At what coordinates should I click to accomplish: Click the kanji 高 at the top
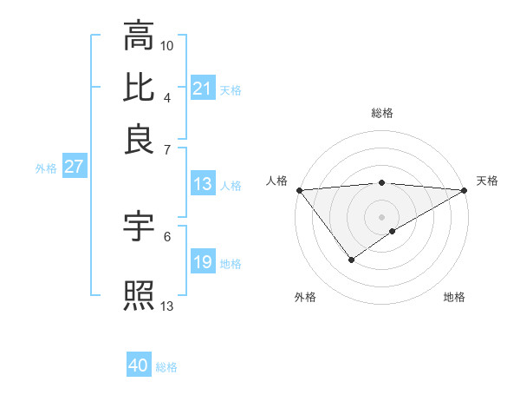pyautogui.click(x=139, y=37)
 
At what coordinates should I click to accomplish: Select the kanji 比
pyautogui.click(x=139, y=88)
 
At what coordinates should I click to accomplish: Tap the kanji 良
pyautogui.click(x=139, y=140)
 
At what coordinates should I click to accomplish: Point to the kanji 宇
pyautogui.click(x=139, y=227)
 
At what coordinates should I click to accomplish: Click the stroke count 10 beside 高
pyautogui.click(x=167, y=45)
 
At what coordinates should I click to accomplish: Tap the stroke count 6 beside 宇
pyautogui.click(x=167, y=236)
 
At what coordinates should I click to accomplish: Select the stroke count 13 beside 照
pyautogui.click(x=167, y=306)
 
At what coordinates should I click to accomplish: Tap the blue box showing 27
pyautogui.click(x=74, y=167)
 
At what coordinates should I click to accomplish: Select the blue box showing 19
pyautogui.click(x=203, y=262)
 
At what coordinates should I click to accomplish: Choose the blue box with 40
pyautogui.click(x=139, y=365)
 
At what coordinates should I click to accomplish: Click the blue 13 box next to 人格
pyautogui.click(x=203, y=184)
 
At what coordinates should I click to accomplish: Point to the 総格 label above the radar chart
pyautogui.click(x=382, y=113)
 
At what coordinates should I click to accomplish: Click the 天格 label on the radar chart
pyautogui.click(x=487, y=181)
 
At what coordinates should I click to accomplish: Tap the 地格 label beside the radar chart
pyautogui.click(x=454, y=297)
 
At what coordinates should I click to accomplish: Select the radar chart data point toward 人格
pyautogui.click(x=299, y=190)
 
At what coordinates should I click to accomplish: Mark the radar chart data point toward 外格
pyautogui.click(x=351, y=260)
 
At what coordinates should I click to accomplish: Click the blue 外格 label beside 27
pyautogui.click(x=46, y=168)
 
